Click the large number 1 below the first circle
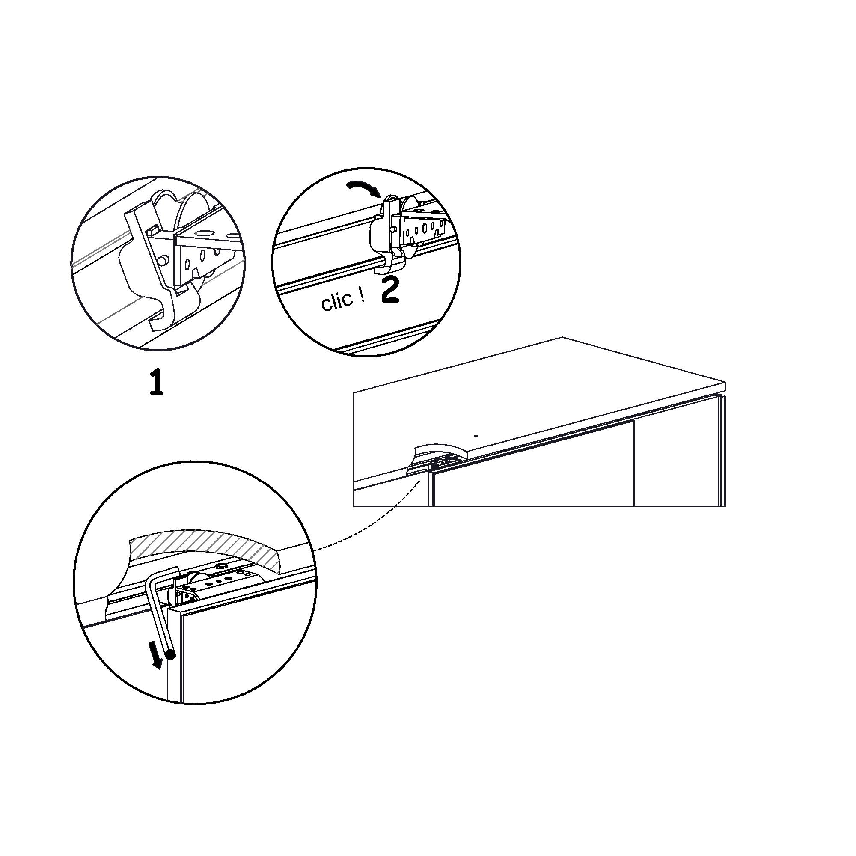156,383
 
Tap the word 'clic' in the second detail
337,303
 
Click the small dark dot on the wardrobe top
476,436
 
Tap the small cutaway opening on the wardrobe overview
439,456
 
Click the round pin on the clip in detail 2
393,229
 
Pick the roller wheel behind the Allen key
194,582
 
